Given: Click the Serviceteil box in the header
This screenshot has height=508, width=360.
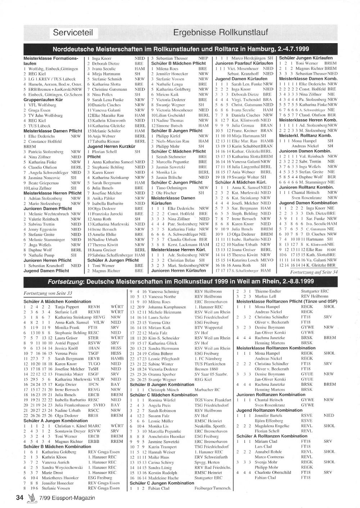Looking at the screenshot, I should pos(73,33).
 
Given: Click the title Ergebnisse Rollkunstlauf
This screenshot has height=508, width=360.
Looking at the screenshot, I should pos(220,33).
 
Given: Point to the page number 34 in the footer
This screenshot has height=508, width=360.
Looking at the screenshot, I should pos(19,498).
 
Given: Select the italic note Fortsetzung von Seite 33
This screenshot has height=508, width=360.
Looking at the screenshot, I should pos(48,293).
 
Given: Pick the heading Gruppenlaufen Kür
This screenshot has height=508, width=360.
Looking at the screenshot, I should pos(43,100).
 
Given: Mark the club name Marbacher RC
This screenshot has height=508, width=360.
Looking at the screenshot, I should pos(207,390).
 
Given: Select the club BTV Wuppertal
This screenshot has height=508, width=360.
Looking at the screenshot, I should pos(208,328).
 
